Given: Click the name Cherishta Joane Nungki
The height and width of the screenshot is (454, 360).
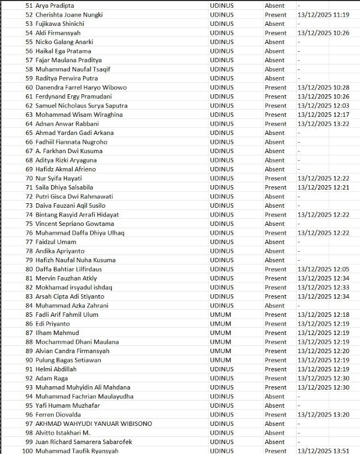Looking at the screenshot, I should click(x=69, y=14).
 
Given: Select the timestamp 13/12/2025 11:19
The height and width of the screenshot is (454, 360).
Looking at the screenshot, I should click(x=323, y=14).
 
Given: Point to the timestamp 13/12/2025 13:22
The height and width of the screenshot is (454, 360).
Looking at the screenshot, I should click(x=323, y=123).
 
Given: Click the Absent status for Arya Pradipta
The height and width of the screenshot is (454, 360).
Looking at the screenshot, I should click(x=275, y=6).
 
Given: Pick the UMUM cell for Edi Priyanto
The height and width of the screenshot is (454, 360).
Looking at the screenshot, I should click(x=221, y=323).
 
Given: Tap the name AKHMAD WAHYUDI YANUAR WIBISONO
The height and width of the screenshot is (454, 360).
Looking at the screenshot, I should click(x=94, y=424).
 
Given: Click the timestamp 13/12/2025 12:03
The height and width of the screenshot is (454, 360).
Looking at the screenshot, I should click(x=323, y=105).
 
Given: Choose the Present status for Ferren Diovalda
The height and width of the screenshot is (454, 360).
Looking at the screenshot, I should click(x=276, y=414).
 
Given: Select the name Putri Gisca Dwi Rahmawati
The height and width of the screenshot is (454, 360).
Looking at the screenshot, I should click(x=74, y=196).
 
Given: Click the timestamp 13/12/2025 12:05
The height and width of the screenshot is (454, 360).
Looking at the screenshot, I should click(x=323, y=269).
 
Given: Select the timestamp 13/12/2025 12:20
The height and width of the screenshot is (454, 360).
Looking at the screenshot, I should click(x=323, y=351).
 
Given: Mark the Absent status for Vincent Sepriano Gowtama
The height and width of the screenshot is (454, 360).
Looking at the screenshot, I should click(x=275, y=224).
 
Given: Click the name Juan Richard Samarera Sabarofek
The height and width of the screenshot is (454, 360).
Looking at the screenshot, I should click(x=84, y=442).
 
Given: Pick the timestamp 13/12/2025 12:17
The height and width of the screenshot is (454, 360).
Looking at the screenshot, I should click(x=323, y=115).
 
